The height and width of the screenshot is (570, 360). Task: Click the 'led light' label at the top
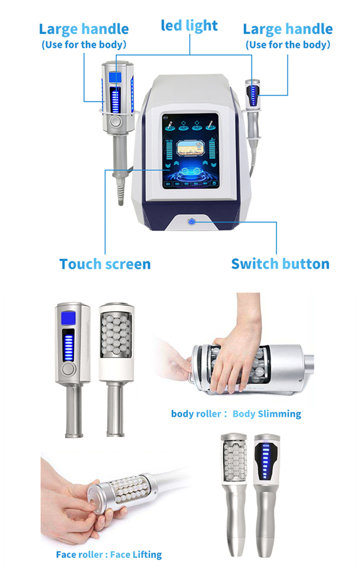[189, 26]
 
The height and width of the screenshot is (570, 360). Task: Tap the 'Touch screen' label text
[105, 264]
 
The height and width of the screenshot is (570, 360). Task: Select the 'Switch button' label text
[280, 264]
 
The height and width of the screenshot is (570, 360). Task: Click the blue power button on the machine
[191, 222]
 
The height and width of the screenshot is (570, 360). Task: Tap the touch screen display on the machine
[191, 151]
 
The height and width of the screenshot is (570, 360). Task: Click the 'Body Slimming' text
[267, 414]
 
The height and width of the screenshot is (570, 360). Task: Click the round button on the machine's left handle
[116, 121]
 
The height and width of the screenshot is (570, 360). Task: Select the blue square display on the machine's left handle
[115, 77]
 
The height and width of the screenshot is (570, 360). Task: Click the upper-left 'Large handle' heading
[84, 29]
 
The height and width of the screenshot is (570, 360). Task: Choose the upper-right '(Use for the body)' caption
[288, 45]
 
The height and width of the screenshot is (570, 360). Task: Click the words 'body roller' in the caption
[196, 414]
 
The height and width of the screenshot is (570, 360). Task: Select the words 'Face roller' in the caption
[80, 555]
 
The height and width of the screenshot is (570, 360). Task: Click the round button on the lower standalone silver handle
[68, 369]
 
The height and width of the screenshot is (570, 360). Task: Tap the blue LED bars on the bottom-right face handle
[265, 462]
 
